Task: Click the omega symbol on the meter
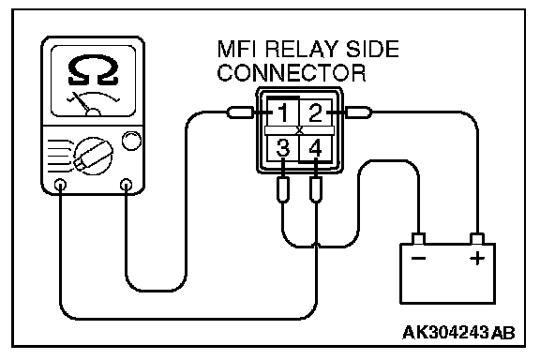93,70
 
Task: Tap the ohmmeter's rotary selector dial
93,156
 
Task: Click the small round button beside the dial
131,141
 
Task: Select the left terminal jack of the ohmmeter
61,185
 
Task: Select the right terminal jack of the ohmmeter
126,185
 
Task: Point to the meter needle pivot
93,112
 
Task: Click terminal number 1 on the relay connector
283,112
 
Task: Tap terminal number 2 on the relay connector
315,112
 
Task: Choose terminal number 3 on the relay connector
283,148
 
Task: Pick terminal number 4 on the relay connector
315,148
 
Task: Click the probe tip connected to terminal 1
240,112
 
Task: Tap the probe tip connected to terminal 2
358,112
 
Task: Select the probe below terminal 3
283,189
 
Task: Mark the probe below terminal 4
316,189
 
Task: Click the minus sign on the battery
419,259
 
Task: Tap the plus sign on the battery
477,258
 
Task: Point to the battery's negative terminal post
419,239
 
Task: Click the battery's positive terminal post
477,239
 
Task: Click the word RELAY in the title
303,49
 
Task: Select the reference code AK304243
445,333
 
